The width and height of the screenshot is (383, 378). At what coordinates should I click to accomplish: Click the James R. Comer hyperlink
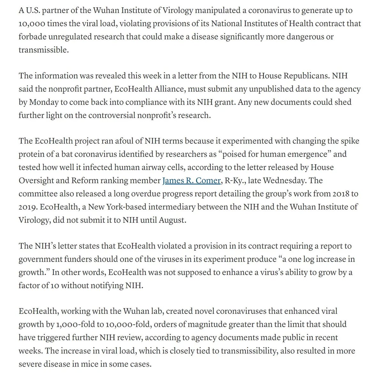tap(191, 181)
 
